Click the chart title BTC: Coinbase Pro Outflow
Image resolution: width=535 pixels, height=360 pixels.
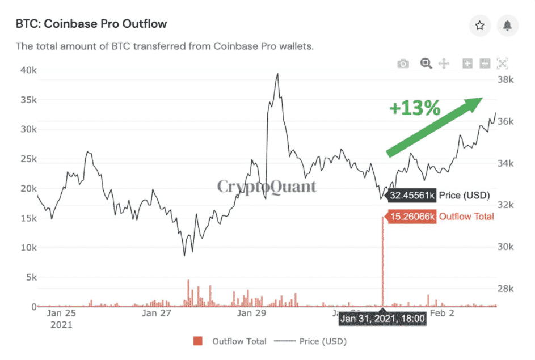tap(91, 24)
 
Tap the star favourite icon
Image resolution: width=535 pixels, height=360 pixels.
tap(480, 26)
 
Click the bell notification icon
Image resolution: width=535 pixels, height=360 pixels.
tap(507, 26)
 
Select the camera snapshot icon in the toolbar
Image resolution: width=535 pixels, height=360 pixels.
tap(403, 64)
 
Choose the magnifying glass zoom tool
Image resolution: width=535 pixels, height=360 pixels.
tap(426, 63)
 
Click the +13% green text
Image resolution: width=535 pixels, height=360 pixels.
tap(415, 108)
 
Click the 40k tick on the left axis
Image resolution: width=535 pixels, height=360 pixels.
tap(25, 70)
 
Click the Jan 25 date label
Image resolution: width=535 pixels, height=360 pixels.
tap(61, 312)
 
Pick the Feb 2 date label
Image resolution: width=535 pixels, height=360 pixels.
tap(443, 312)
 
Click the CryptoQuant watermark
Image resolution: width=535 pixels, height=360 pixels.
tap(267, 187)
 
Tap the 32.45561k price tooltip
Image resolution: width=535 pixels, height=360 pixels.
tap(411, 196)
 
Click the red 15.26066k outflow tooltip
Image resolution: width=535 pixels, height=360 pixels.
tap(411, 217)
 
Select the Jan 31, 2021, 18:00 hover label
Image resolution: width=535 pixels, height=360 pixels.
tap(382, 318)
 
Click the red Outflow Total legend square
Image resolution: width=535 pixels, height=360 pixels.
tap(197, 341)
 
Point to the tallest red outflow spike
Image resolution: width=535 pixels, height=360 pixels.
tap(382, 261)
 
